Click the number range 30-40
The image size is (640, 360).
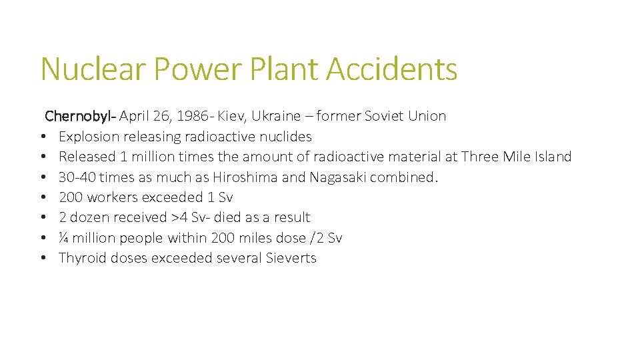pos(77,177)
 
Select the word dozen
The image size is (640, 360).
pos(89,217)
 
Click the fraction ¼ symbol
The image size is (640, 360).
pos(63,238)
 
